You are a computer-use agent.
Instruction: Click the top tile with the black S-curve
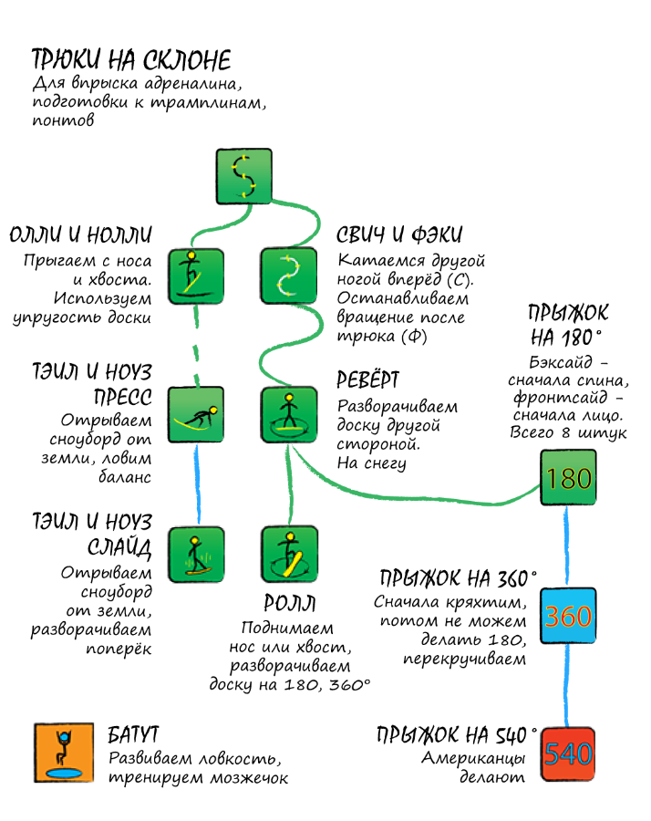(x=244, y=176)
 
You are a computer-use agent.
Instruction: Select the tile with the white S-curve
(x=289, y=275)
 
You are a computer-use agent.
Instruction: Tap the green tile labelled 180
(x=568, y=477)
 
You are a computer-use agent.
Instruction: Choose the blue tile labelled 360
(x=568, y=616)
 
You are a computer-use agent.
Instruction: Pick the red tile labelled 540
(x=568, y=753)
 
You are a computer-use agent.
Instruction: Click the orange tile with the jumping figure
(x=65, y=753)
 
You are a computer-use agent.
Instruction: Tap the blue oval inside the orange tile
(x=65, y=774)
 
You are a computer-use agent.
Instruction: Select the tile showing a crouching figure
(x=196, y=415)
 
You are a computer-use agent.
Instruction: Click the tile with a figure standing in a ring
(x=289, y=415)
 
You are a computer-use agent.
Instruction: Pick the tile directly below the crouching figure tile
(x=196, y=554)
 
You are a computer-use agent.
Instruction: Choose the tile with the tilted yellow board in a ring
(x=289, y=554)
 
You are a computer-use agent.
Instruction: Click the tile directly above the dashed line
(x=196, y=275)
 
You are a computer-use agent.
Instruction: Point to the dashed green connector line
(x=197, y=347)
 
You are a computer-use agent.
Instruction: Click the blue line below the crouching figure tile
(x=197, y=484)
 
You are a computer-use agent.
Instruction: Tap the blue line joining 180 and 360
(x=567, y=546)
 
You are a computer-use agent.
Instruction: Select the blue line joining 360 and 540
(x=567, y=684)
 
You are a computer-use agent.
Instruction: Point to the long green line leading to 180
(x=410, y=498)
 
